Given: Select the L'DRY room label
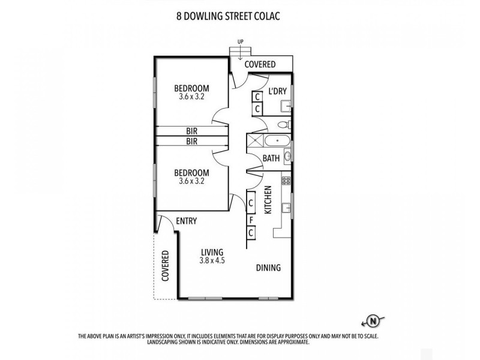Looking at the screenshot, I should [x=277, y=91].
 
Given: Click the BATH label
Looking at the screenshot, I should [x=271, y=158].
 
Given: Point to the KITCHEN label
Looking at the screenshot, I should [x=268, y=200].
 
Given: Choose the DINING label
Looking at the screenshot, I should [x=268, y=268].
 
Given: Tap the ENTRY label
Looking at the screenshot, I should [x=186, y=221].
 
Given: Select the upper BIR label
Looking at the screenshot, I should [x=192, y=131].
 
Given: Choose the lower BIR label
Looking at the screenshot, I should [x=192, y=142].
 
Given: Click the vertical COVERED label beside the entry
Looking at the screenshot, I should [x=166, y=265].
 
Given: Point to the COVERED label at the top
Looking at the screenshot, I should [x=260, y=64].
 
